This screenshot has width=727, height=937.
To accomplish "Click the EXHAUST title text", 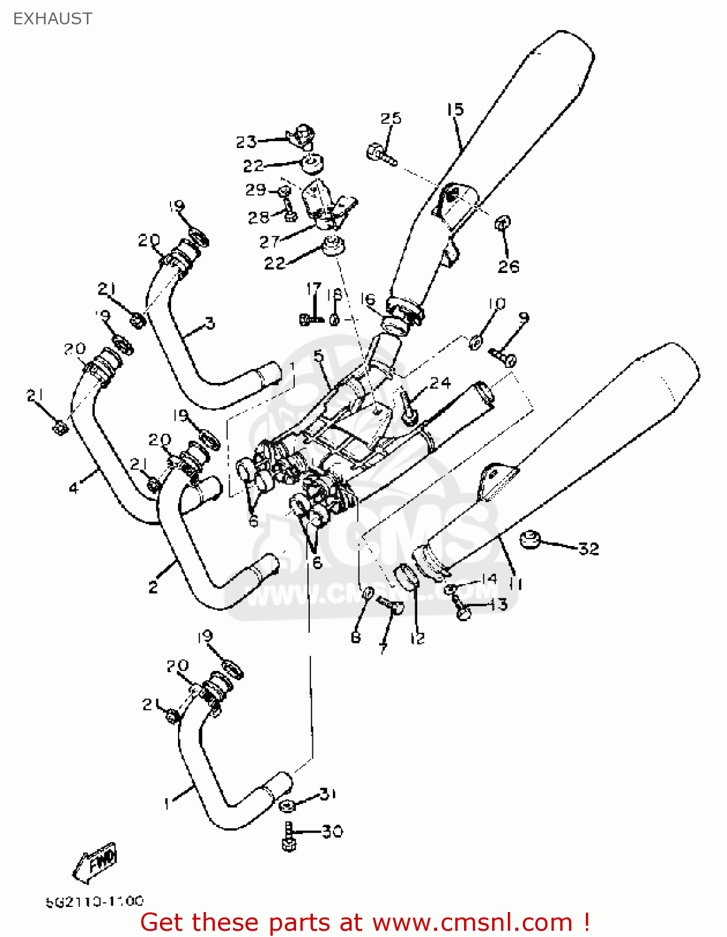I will [x=52, y=19].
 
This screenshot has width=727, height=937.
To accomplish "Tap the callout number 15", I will [x=455, y=110].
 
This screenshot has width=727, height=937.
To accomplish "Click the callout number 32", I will [x=588, y=549].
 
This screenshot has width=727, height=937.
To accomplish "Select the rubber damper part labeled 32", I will [x=530, y=538].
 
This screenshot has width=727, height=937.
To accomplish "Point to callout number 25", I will [x=391, y=118].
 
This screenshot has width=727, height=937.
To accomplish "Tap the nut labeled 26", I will [x=503, y=223].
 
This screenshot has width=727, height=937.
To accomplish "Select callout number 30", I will [x=332, y=831].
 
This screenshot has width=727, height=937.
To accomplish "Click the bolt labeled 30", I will [x=288, y=836].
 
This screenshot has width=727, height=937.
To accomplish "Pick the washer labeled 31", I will [x=287, y=805].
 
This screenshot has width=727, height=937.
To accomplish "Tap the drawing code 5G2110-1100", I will [x=94, y=901].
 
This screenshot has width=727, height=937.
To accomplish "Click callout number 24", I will [x=440, y=382].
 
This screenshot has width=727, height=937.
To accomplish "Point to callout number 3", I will [x=210, y=323].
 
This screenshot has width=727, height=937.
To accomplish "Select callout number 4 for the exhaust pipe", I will [x=74, y=488].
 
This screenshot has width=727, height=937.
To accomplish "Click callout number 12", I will [x=417, y=638].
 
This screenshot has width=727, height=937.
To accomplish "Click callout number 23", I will [x=246, y=142].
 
